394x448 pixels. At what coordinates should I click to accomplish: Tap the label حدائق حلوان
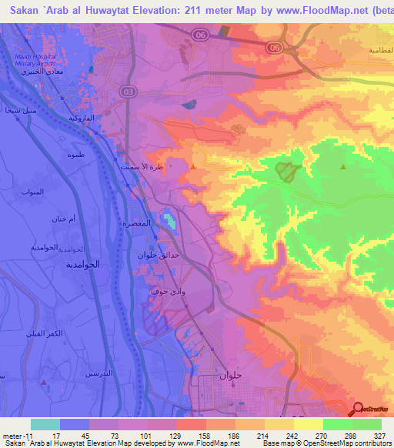(158, 255)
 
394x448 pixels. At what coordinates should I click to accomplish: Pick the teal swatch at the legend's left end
(45, 425)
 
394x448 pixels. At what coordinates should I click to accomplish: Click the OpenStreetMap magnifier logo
(358, 409)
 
